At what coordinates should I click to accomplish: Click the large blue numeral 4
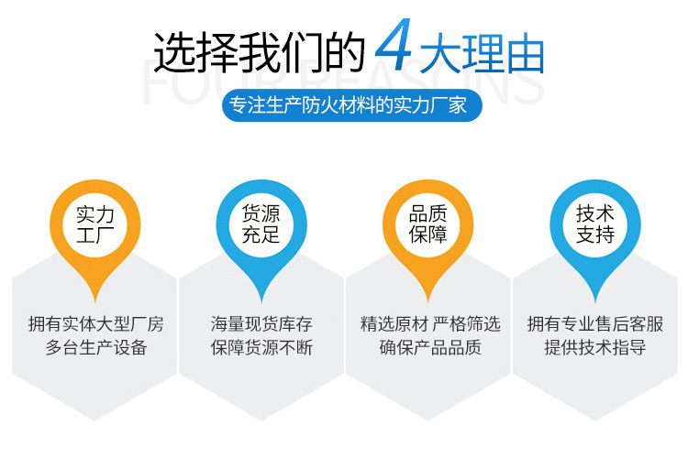coord(394,45)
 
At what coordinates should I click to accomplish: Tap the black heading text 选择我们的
coord(259,52)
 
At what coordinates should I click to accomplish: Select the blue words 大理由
coord(482,54)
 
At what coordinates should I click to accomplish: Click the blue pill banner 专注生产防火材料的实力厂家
coord(352,105)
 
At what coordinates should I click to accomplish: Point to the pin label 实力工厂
coord(94,224)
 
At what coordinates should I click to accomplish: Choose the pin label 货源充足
coord(261,224)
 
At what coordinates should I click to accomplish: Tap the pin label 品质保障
coord(427,224)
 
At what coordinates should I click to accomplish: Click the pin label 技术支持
coord(595,224)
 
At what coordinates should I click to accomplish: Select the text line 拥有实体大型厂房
coord(95,324)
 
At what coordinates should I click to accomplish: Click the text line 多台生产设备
coord(95,347)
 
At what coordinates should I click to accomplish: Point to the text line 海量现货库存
coord(261,324)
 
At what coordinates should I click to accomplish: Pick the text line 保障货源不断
coord(261,347)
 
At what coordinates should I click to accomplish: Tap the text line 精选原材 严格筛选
coord(430,324)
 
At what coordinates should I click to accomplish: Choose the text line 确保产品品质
coord(430,347)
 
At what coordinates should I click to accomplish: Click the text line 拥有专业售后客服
coord(595,324)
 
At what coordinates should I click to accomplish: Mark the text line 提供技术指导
coord(595,347)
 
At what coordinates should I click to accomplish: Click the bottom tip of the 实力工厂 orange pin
coord(95,302)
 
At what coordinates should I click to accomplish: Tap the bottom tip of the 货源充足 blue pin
coord(261,302)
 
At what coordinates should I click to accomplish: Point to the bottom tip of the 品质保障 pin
coord(428,302)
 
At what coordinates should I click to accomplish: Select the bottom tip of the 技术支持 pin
coord(595,302)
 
